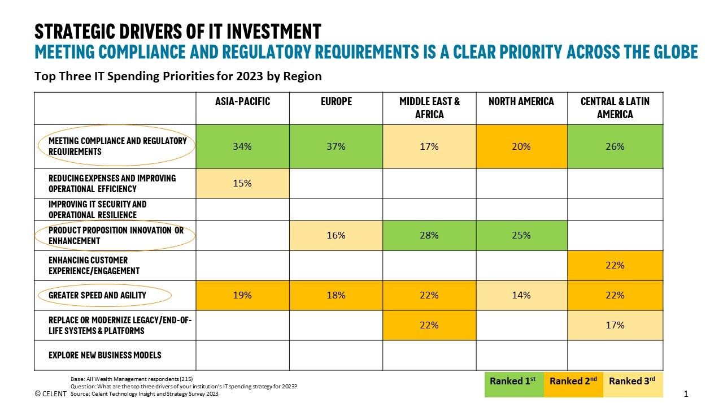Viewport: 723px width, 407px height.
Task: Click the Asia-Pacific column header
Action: [x=242, y=102]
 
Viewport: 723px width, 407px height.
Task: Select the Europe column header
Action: [x=336, y=102]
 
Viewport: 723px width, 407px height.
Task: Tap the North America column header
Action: [x=521, y=102]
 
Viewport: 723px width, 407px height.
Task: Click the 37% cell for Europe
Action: [x=336, y=146]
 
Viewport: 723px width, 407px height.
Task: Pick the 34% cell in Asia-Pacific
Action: [x=242, y=146]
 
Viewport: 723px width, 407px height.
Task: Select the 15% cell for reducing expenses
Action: [x=242, y=183]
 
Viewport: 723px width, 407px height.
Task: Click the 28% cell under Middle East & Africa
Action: [x=429, y=235]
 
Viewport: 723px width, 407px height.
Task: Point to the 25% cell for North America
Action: [x=521, y=235]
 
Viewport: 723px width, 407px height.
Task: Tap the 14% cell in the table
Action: [x=521, y=295]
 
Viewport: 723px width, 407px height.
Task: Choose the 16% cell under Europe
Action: [x=336, y=235]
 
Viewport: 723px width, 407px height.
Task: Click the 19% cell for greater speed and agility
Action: [x=242, y=295]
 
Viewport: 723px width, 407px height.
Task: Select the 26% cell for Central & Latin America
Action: [x=615, y=146]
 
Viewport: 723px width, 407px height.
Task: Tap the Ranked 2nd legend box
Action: [x=573, y=382]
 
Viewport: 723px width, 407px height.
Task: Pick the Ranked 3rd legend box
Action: [x=632, y=382]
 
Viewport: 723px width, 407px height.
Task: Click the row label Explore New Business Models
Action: [x=104, y=355]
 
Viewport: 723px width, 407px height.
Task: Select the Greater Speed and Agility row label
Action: [x=97, y=295]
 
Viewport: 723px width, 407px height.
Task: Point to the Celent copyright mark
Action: [x=50, y=393]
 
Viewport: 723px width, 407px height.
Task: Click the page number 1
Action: [x=686, y=393]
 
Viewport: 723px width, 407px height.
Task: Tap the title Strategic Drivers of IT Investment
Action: [x=178, y=31]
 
